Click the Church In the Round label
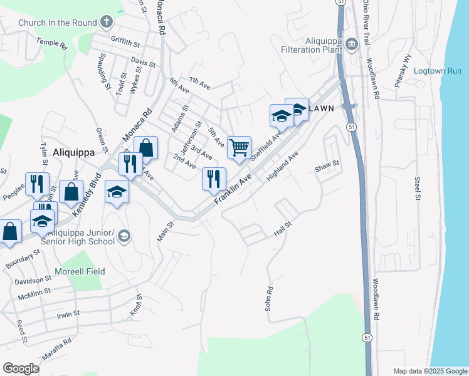[x=57, y=23]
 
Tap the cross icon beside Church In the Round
[x=107, y=23]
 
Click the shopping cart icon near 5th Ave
[x=239, y=148]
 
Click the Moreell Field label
[x=79, y=271]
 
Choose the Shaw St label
[x=327, y=164]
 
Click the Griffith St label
[x=125, y=44]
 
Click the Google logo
[x=21, y=368]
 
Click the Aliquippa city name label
[x=74, y=152]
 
